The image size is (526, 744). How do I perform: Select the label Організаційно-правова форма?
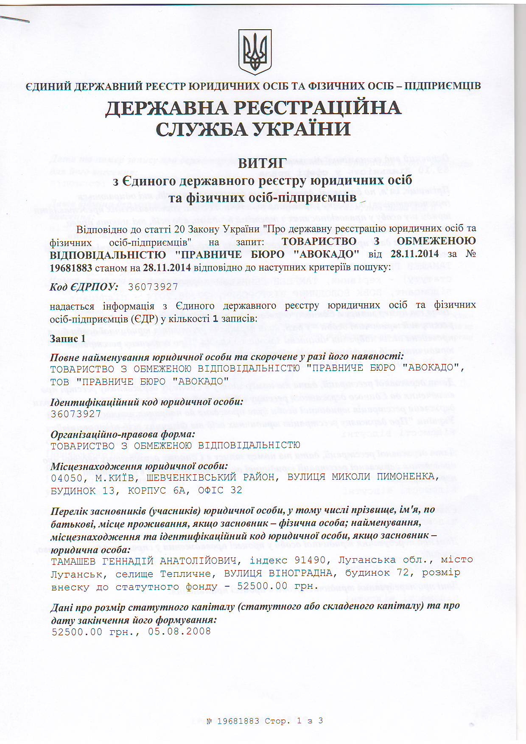[x=123, y=435]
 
